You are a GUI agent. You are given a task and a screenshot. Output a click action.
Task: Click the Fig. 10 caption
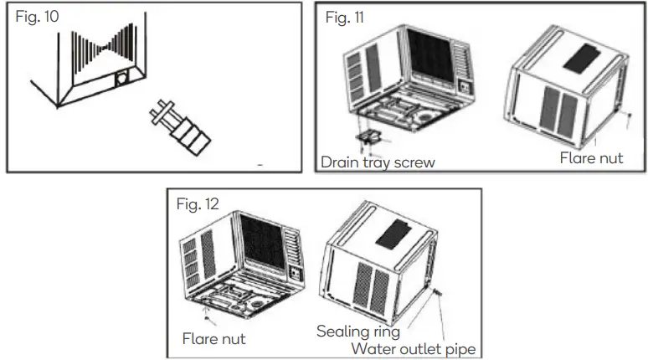click(x=37, y=17)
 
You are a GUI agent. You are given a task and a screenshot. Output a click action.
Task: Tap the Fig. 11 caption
click(x=345, y=18)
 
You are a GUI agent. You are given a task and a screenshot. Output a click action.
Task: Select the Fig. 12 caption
click(x=198, y=203)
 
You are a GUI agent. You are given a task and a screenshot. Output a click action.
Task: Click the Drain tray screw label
click(x=378, y=162)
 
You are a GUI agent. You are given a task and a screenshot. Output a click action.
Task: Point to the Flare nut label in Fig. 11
click(x=591, y=158)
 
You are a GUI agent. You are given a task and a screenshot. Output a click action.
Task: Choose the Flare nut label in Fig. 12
click(x=214, y=339)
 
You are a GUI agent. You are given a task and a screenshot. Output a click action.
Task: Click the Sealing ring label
click(x=358, y=332)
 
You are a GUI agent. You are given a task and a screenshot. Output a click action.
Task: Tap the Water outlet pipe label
click(x=414, y=349)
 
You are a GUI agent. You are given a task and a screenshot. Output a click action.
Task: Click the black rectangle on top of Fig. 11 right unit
click(x=582, y=59)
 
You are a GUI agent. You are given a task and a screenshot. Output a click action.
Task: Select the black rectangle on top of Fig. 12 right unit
click(x=393, y=234)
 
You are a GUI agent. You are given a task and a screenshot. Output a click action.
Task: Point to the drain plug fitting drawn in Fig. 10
click(x=180, y=127)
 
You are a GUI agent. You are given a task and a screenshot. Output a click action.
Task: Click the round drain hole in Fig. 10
click(x=121, y=78)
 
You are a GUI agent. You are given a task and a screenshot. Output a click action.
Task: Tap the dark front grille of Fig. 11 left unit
click(x=431, y=55)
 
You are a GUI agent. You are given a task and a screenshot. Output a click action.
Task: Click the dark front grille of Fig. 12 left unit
click(x=263, y=241)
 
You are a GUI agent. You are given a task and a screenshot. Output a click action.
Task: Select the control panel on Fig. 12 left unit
click(x=296, y=274)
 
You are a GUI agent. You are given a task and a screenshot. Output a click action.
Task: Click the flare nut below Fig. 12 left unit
click(x=208, y=318)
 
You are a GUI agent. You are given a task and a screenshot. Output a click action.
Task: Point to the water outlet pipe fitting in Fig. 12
click(x=438, y=293)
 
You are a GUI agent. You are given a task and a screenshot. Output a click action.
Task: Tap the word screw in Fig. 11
click(x=414, y=163)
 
